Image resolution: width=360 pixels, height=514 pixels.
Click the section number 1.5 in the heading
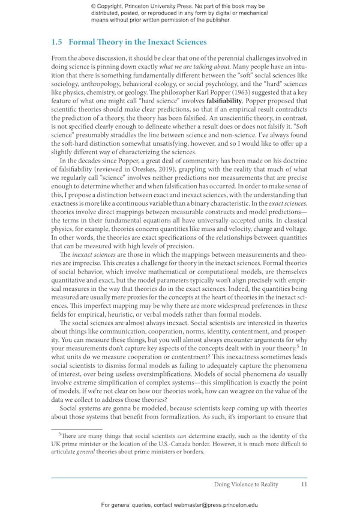pos(57,43)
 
